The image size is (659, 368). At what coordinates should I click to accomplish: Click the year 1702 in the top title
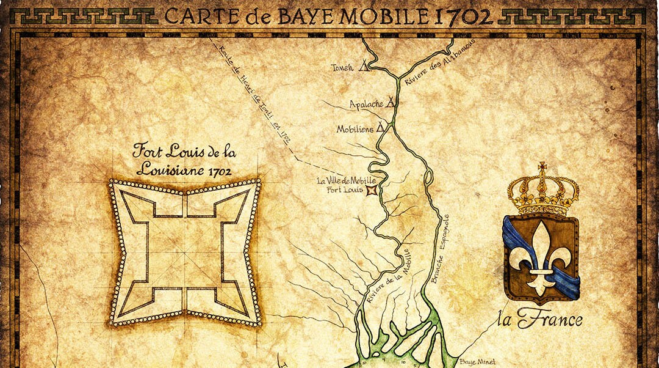[x=463, y=16]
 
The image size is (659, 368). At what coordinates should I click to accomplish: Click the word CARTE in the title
[x=196, y=16]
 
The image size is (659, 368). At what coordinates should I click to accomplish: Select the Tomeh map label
[x=342, y=67]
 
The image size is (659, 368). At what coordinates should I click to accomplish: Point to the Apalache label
[x=366, y=104]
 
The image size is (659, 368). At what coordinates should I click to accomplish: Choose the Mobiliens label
[x=355, y=130]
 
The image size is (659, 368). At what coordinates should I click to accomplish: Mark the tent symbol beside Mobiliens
[x=381, y=127]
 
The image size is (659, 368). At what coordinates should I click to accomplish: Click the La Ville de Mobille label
[x=347, y=181]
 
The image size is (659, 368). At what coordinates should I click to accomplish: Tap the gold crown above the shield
[x=542, y=188]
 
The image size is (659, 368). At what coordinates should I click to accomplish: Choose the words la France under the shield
[x=548, y=319]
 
